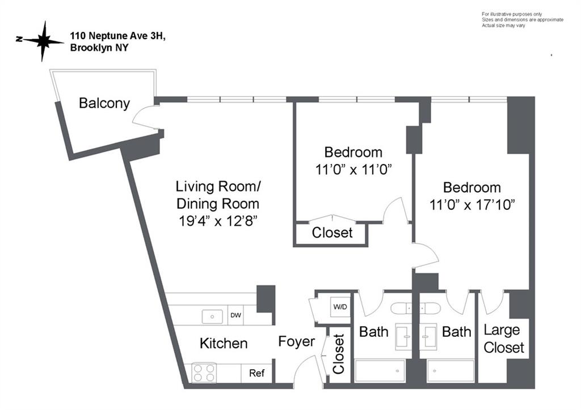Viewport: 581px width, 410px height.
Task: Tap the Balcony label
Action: coord(104,103)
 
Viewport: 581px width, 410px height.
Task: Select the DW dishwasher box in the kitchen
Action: coord(235,316)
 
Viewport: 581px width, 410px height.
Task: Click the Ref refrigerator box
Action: coord(256,373)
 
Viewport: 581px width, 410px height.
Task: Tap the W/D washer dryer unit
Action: coord(340,307)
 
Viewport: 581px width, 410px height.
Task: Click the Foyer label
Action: coord(296,341)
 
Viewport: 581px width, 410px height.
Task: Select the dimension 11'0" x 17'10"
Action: coord(472,204)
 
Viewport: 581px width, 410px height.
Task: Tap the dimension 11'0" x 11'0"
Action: coord(353,169)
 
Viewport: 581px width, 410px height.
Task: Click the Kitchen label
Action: coord(224,343)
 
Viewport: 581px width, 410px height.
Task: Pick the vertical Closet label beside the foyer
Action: coord(339,354)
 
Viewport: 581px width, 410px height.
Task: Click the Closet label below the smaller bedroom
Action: coord(332,233)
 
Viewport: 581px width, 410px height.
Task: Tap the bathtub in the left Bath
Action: coord(380,370)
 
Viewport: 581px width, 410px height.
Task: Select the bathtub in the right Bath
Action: coord(451,370)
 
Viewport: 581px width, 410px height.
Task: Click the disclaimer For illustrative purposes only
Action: coord(512,14)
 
